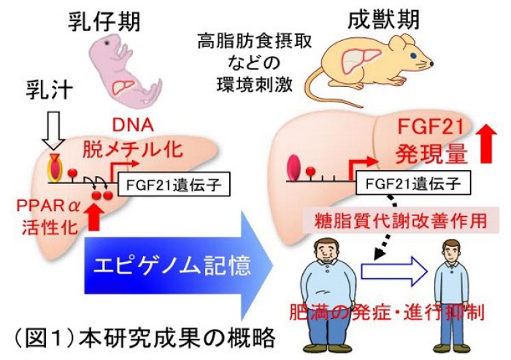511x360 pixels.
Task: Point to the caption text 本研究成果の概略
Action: point(182,337)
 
